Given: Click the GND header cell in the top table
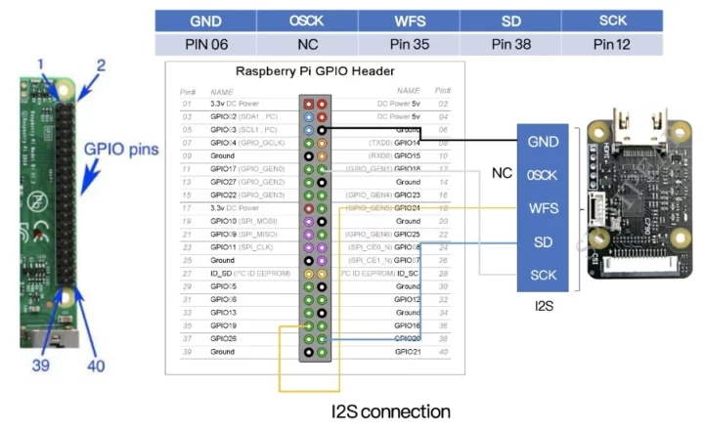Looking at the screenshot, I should [x=205, y=21].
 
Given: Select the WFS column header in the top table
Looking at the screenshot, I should [x=409, y=21].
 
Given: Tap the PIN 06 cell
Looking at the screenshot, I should [x=205, y=44].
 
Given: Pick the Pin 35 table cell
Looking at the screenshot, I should [x=409, y=44].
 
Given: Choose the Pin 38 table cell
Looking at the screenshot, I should [x=511, y=44].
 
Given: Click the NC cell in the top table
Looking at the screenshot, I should [x=307, y=44].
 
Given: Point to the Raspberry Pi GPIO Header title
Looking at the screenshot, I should [x=315, y=71].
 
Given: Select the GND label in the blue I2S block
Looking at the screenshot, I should [x=544, y=142].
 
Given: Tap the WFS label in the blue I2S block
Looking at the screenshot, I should [x=544, y=208].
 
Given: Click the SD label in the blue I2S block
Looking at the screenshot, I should [x=544, y=241].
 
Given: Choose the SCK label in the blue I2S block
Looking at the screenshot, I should [x=544, y=275].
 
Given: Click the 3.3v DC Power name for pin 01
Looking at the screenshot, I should [x=233, y=103].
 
